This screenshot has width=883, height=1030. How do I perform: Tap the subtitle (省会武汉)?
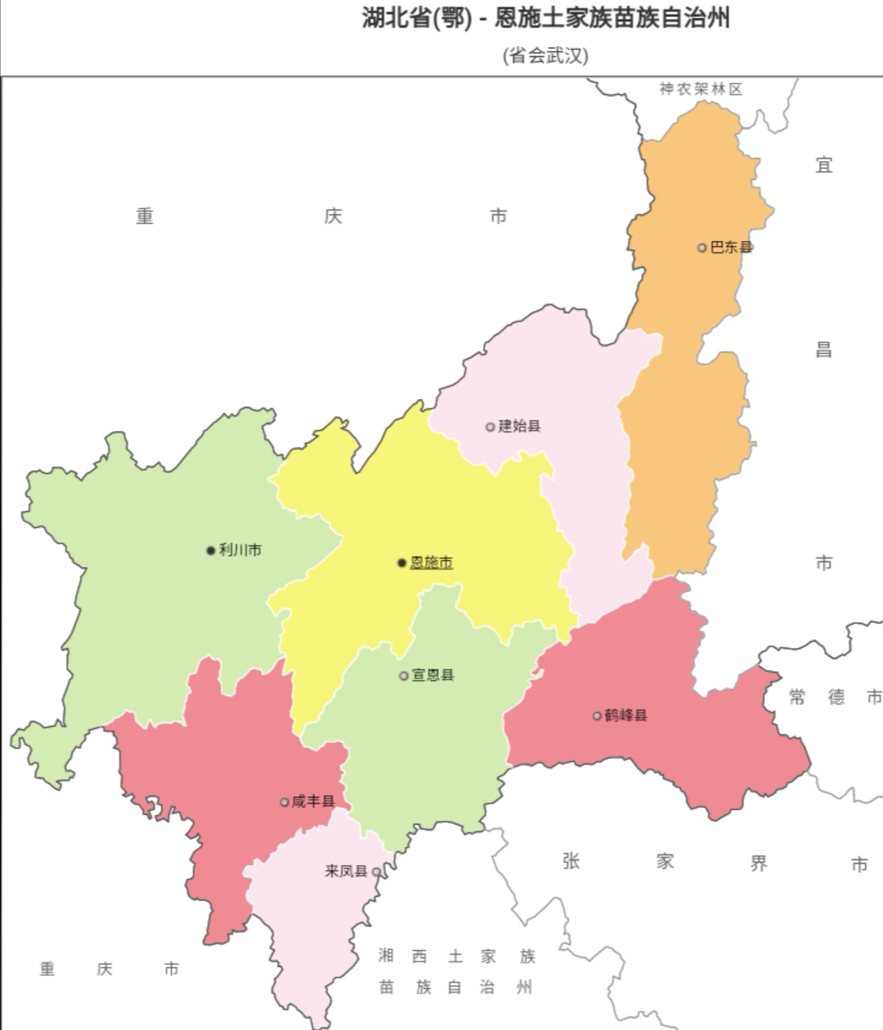click(545, 56)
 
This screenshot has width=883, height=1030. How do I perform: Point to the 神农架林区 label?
click(701, 89)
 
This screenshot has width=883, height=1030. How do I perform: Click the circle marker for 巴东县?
click(701, 248)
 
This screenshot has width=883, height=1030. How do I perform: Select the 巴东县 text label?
click(731, 248)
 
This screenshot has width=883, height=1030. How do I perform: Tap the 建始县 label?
click(519, 426)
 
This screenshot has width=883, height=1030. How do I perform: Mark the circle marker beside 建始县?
click(490, 427)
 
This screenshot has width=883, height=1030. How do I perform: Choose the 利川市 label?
click(240, 550)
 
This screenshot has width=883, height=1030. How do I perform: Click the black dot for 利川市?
click(210, 551)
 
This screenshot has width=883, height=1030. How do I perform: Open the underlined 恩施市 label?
click(431, 562)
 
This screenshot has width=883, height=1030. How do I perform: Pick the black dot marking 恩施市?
click(401, 562)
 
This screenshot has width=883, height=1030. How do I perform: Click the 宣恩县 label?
click(433, 675)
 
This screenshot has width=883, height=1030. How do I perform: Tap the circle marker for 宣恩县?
click(403, 676)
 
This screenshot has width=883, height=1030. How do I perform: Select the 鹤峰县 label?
click(625, 715)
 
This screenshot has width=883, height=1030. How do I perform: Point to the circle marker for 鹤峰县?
click(597, 716)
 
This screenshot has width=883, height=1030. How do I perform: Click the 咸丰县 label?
click(313, 801)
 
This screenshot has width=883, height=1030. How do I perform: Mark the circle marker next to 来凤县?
click(376, 872)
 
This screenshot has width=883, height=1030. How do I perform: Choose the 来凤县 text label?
click(346, 871)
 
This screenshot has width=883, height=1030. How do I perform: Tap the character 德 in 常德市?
click(836, 696)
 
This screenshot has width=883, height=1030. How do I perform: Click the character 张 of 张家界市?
click(571, 861)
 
